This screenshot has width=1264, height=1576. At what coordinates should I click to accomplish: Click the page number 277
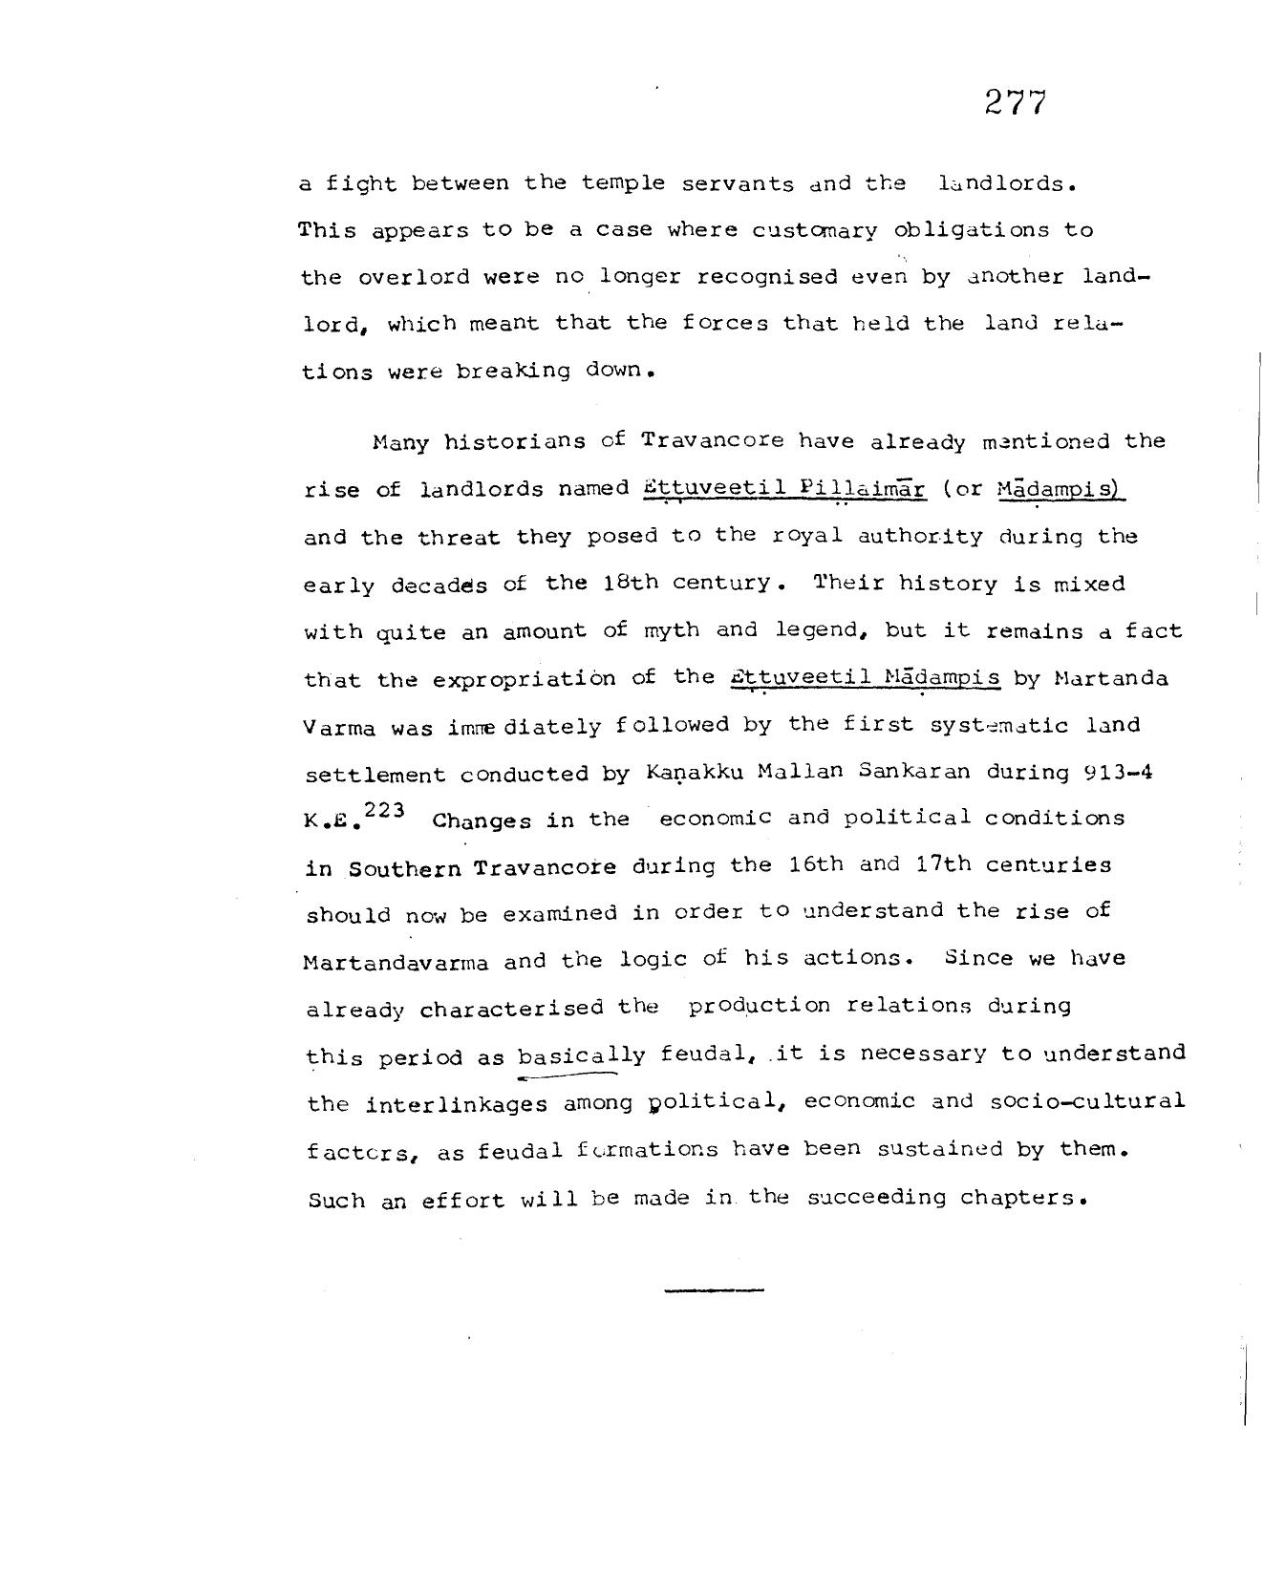tap(1016, 102)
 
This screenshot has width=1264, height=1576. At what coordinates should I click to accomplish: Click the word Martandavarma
tap(396, 962)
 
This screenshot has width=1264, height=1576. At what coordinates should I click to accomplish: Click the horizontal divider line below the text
tap(714, 1290)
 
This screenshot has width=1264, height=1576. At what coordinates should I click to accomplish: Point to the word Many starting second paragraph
tap(400, 442)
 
